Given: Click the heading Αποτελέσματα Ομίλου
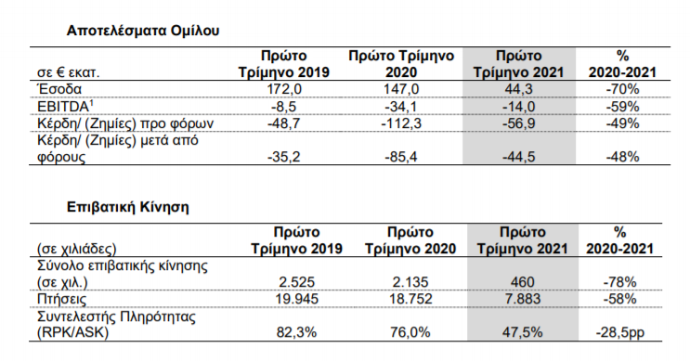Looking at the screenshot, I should tap(143, 31).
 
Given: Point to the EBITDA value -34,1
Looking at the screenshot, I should tap(401, 106).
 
